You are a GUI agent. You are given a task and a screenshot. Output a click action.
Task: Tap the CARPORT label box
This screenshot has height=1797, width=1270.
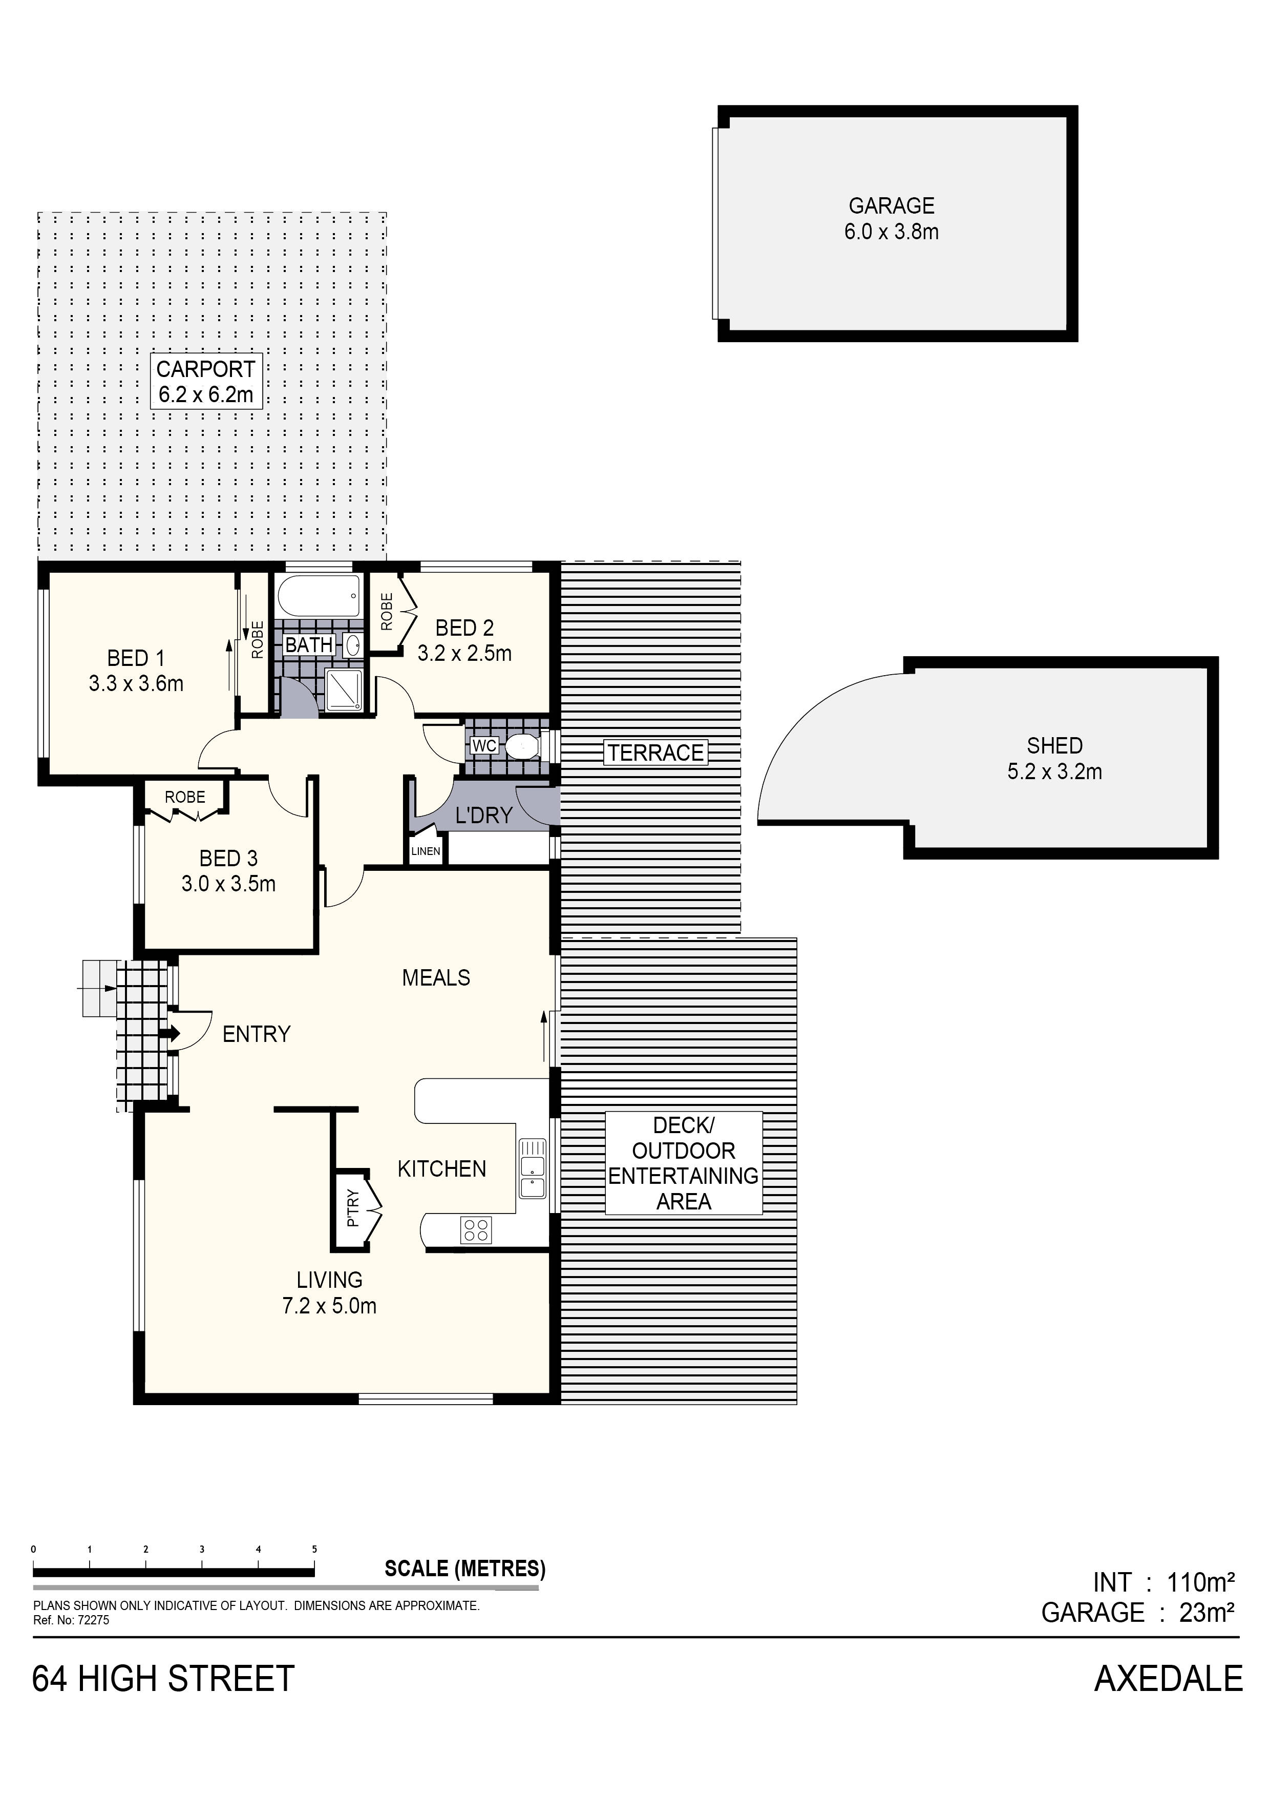pyautogui.click(x=206, y=381)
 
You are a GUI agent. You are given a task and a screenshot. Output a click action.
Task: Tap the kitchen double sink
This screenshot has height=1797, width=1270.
pyautogui.click(x=532, y=1168)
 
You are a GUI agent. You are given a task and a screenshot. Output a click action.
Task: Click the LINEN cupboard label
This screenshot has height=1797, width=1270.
pyautogui.click(x=426, y=851)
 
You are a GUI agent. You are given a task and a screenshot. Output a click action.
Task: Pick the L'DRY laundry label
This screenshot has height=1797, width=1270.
pyautogui.click(x=483, y=816)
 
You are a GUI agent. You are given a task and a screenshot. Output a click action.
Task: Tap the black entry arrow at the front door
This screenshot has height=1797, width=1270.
pyautogui.click(x=169, y=1034)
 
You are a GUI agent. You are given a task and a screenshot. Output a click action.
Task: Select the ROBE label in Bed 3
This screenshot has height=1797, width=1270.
pyautogui.click(x=185, y=798)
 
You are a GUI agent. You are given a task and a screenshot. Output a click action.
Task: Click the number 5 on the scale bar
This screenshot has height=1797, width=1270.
pyautogui.click(x=314, y=1549)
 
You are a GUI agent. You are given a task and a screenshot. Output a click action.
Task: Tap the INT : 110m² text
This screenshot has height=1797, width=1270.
pyautogui.click(x=1163, y=1582)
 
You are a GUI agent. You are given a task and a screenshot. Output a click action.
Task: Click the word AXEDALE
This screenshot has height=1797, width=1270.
pyautogui.click(x=1168, y=1679)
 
